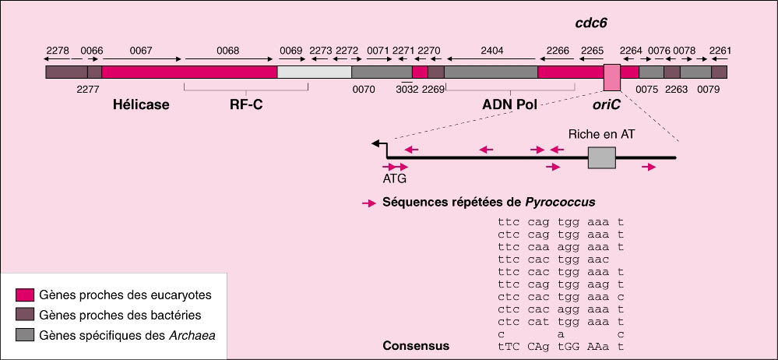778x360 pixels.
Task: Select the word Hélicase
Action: [x=141, y=104]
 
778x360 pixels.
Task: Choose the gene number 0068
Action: [x=228, y=51]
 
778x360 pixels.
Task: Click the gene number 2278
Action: [x=58, y=51]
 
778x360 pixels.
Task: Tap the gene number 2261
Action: [x=720, y=51]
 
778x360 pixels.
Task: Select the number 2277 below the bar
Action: [x=88, y=89]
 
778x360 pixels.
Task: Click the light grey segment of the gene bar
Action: [x=315, y=72]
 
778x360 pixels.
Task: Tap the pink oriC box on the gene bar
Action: [x=612, y=78]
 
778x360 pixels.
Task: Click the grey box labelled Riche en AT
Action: [x=601, y=158]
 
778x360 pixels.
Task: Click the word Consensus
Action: [x=416, y=345]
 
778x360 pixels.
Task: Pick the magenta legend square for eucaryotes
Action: [x=25, y=295]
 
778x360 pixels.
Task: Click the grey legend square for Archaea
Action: [x=25, y=334]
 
